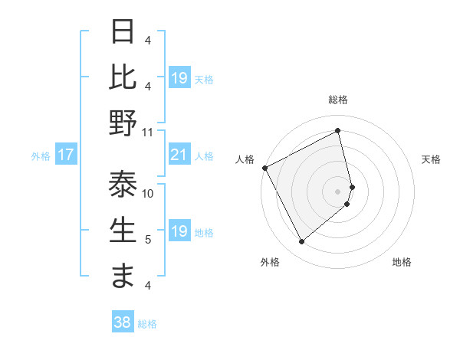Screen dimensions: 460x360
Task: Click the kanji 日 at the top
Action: pyautogui.click(x=123, y=33)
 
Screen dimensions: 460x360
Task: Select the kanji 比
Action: pyautogui.click(x=123, y=77)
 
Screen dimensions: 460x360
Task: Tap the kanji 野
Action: pyautogui.click(x=123, y=123)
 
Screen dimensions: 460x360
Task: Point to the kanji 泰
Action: pyautogui.click(x=123, y=185)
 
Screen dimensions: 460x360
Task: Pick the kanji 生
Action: pyautogui.click(x=123, y=231)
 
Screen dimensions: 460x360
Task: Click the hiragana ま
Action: pyautogui.click(x=123, y=276)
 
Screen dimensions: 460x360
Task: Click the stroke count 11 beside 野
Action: pyautogui.click(x=148, y=132)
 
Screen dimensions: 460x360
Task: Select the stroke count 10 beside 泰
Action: pyautogui.click(x=148, y=194)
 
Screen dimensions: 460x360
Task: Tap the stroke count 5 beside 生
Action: pyautogui.click(x=148, y=240)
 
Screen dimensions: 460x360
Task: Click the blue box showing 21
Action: pyautogui.click(x=179, y=155)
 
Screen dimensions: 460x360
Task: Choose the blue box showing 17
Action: pyautogui.click(x=66, y=155)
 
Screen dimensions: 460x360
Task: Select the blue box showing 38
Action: pyautogui.click(x=122, y=323)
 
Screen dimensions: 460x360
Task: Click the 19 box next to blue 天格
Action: pyautogui.click(x=179, y=78)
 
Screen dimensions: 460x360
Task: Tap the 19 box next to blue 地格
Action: pyautogui.click(x=179, y=231)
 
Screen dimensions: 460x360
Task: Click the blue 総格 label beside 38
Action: pyautogui.click(x=147, y=324)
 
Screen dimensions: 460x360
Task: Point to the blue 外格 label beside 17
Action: pyautogui.click(x=41, y=156)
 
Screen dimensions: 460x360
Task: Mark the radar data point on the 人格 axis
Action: pyautogui.click(x=264, y=168)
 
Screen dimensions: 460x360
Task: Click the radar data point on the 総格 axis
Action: pyautogui.click(x=338, y=131)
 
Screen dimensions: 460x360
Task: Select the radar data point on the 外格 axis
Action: pyautogui.click(x=301, y=242)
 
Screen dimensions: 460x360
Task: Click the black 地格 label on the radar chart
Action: pyautogui.click(x=402, y=262)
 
